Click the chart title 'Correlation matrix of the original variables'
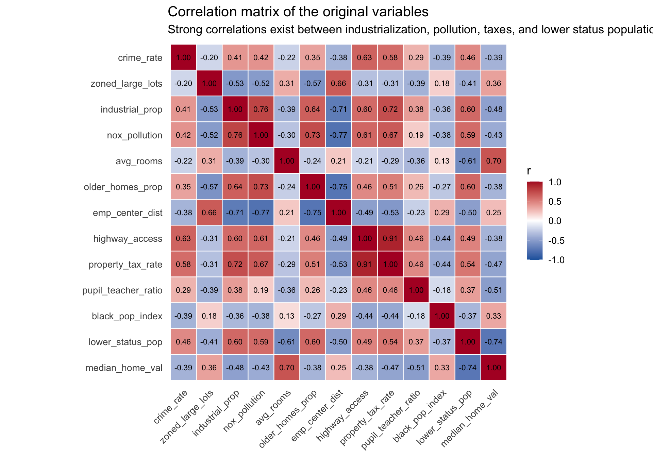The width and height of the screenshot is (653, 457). [298, 12]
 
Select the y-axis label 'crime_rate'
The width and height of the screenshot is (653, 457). [140, 58]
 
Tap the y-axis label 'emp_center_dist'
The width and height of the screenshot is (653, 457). [128, 213]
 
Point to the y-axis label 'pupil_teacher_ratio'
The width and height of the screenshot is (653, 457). [122, 290]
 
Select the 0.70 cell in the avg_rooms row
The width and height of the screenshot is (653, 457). [493, 161]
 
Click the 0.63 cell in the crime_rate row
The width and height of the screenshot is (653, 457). [364, 57]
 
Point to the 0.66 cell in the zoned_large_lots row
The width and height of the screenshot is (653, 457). [338, 83]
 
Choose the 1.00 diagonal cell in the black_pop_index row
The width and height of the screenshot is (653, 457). [442, 316]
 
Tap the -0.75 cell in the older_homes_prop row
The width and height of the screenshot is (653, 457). [338, 187]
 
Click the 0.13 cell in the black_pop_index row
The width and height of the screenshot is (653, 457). [287, 316]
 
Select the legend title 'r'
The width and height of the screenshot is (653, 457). [529, 171]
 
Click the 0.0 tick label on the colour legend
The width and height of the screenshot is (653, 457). [555, 221]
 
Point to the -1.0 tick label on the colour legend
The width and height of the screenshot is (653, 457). [556, 260]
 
